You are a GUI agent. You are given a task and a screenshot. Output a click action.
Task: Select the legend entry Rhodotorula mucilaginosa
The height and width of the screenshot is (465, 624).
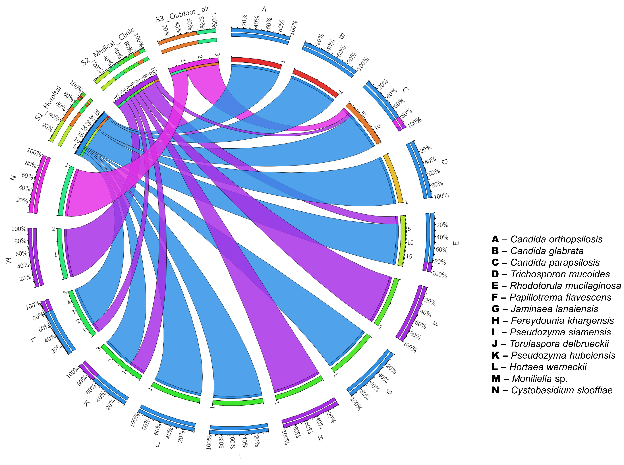556,286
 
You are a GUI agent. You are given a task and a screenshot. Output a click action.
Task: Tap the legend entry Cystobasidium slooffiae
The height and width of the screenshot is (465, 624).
552,390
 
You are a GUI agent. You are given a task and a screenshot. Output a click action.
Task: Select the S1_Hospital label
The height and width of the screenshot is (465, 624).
48,103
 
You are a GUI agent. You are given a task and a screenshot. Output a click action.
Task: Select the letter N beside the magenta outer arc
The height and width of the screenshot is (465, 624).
13,178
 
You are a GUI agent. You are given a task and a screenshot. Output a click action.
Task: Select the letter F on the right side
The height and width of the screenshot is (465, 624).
436,324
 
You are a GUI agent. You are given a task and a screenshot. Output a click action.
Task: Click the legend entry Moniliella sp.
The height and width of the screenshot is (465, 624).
529,379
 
